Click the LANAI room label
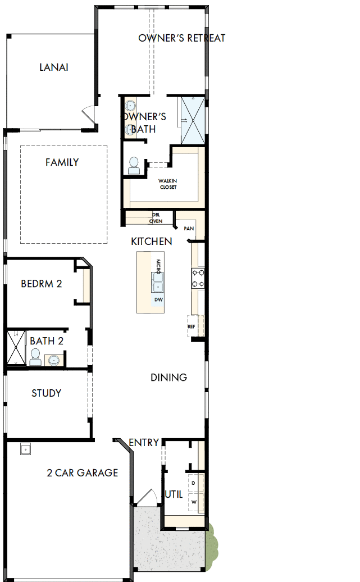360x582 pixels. point(54,67)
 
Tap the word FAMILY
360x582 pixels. point(62,162)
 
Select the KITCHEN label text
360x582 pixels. point(151,241)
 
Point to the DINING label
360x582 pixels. point(168,378)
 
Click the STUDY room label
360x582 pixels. point(46,393)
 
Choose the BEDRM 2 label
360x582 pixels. point(41,284)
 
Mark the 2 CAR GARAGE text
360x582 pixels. point(82,472)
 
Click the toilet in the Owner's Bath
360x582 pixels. point(134,165)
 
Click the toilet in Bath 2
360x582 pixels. point(35,357)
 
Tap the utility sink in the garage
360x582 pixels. point(25,449)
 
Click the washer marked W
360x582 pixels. point(194,501)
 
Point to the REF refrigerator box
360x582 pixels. point(192,326)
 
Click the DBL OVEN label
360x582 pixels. point(156,218)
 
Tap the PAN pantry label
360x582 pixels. point(188,229)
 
